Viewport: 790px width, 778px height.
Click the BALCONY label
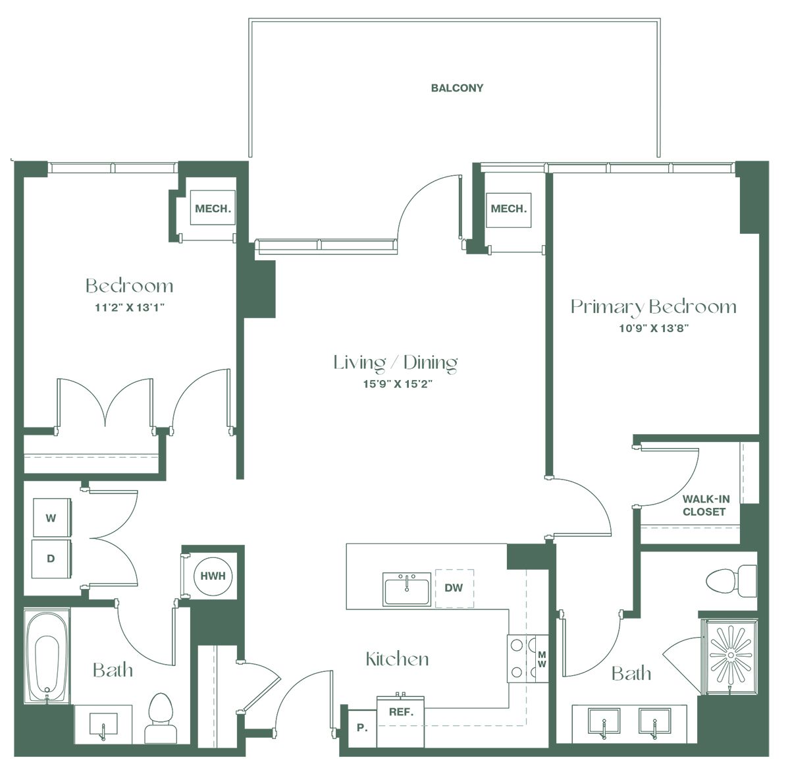point(457,88)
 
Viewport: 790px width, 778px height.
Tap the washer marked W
point(51,517)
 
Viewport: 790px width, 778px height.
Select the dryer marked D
point(51,559)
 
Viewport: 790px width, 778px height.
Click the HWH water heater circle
point(213,576)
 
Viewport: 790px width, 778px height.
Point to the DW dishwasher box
point(454,588)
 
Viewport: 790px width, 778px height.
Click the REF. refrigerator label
point(401,712)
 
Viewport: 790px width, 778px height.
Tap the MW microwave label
point(542,659)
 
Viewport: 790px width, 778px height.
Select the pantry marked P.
point(362,727)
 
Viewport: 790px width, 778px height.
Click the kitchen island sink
point(407,589)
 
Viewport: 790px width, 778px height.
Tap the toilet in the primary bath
point(731,581)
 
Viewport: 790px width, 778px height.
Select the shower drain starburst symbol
point(730,655)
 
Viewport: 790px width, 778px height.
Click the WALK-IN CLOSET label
point(706,505)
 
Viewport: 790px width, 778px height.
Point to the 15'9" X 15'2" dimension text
point(398,384)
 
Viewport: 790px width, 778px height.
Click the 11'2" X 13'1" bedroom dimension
point(130,308)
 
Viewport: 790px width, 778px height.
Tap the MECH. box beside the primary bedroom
point(508,209)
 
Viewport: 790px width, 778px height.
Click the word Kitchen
point(397,659)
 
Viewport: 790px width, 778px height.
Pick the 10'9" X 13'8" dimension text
point(654,328)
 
